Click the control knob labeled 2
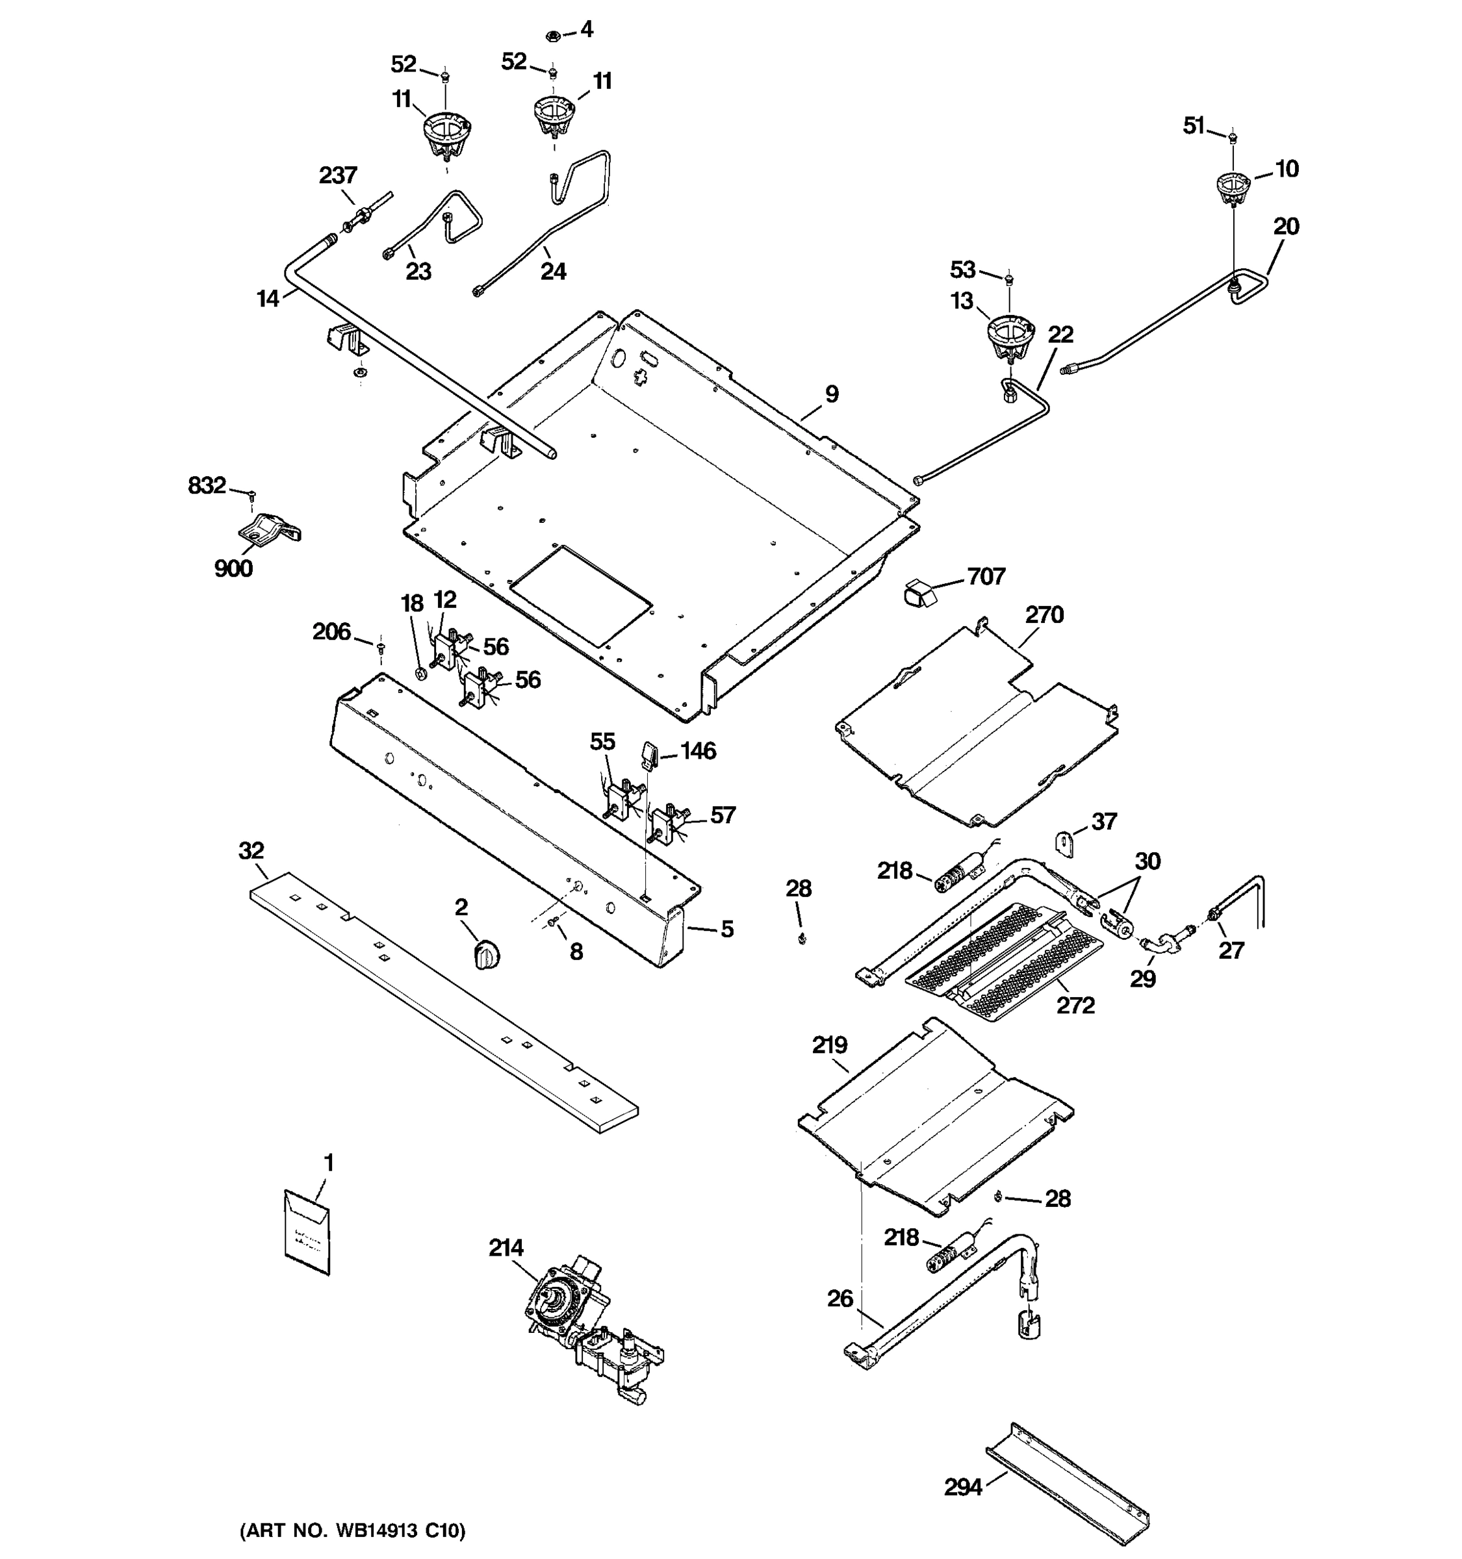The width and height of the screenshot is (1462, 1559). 487,956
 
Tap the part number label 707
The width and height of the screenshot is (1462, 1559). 985,576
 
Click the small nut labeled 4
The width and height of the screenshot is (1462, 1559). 552,36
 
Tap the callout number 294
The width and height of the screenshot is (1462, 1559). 962,1487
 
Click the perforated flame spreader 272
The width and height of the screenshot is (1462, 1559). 1004,962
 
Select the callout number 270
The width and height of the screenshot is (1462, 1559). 1044,614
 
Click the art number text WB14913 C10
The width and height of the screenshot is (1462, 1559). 352,1530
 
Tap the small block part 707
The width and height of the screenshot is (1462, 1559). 920,594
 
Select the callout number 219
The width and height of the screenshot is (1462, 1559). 829,1045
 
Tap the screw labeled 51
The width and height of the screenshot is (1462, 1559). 1232,138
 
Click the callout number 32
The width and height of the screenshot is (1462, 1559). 251,850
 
